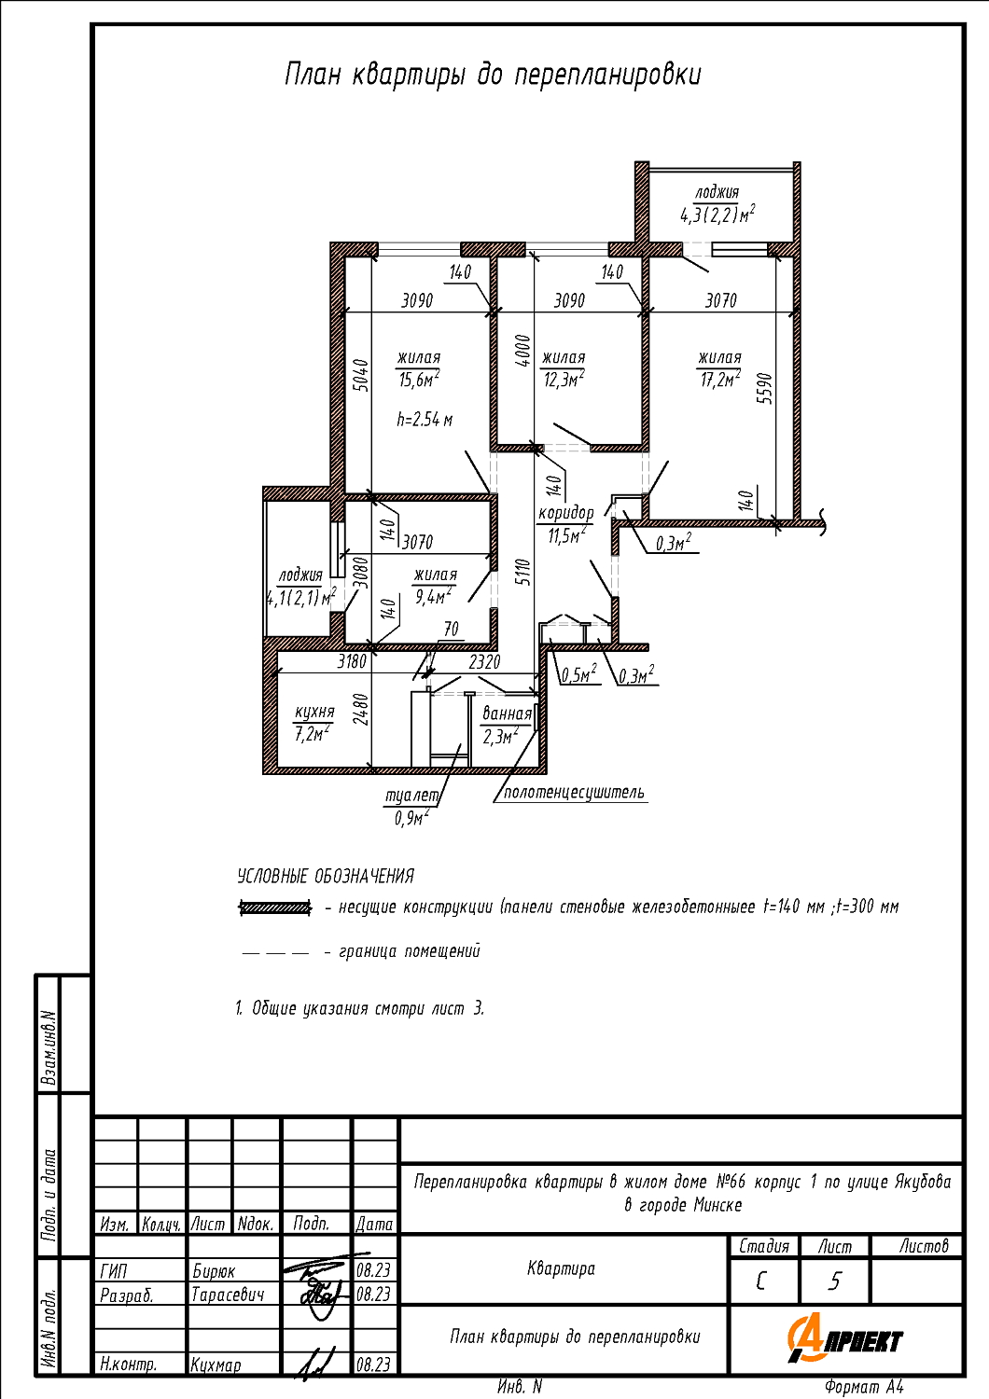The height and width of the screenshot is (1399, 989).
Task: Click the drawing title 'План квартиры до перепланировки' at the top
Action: (493, 75)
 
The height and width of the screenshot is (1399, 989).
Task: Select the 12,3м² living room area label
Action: (564, 369)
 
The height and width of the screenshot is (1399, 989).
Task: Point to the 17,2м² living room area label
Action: (719, 369)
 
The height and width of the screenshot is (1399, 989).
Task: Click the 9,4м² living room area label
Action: (435, 586)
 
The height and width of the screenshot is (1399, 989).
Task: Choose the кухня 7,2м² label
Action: (313, 723)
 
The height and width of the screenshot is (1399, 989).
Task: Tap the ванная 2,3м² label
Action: (507, 725)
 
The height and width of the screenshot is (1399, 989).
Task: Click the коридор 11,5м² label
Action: (565, 524)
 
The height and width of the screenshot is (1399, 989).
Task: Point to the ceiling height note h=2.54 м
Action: (425, 420)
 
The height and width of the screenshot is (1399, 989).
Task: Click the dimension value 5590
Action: (766, 389)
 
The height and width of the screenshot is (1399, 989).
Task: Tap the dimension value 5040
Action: (360, 375)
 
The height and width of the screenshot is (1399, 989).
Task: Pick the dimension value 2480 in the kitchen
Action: (360, 710)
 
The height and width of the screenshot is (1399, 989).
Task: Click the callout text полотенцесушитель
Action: (574, 793)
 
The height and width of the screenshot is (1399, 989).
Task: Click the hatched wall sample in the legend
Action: (275, 907)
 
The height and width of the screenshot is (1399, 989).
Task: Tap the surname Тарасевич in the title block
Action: (228, 1295)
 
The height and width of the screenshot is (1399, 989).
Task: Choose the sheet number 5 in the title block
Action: (835, 1281)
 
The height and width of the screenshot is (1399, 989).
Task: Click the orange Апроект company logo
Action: (844, 1339)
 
